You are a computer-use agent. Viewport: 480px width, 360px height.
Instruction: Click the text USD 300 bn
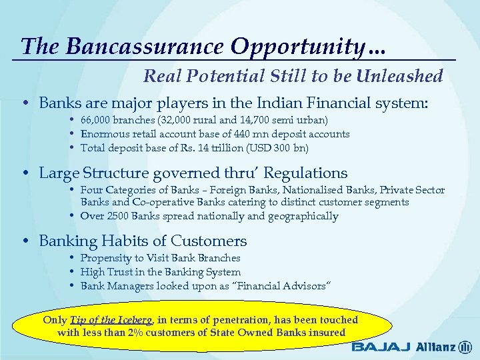(x=281, y=147)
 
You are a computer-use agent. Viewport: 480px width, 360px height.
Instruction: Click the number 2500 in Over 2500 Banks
(x=116, y=216)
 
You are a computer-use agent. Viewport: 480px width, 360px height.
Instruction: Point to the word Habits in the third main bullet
(x=121, y=241)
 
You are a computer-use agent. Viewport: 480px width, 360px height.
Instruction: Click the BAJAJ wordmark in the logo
(x=381, y=347)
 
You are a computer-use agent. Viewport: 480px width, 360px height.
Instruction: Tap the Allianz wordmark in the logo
(x=435, y=347)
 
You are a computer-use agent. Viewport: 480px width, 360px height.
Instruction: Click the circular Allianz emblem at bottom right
(x=465, y=347)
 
